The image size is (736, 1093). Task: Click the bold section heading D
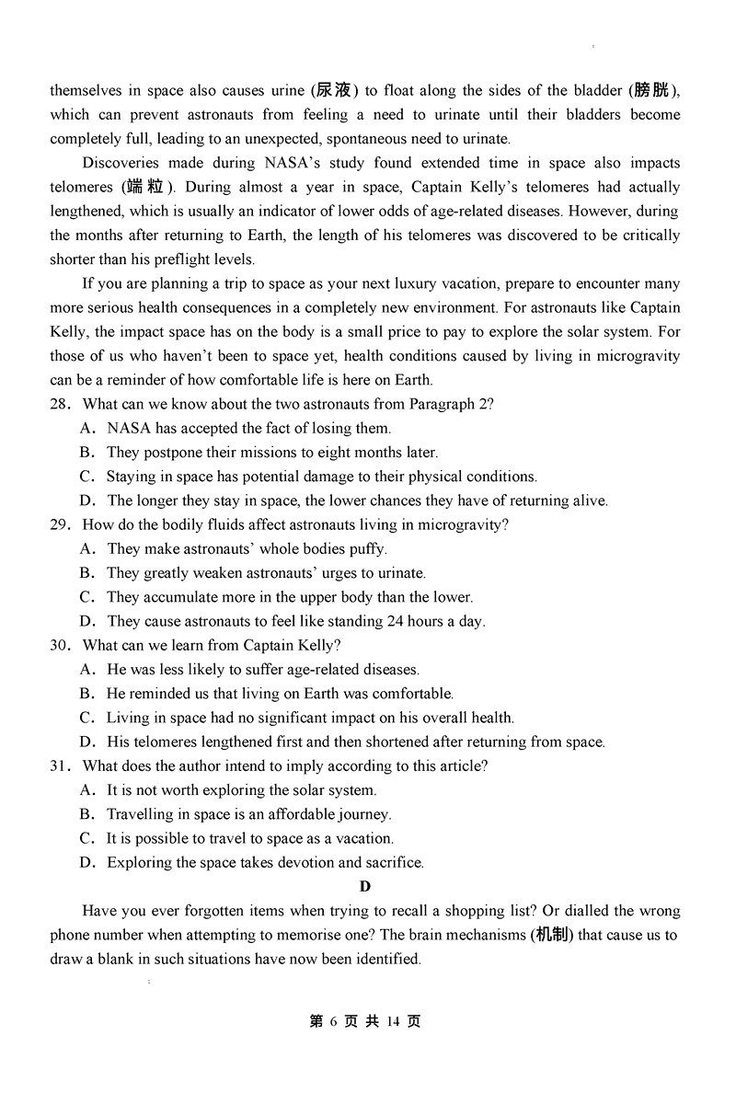click(365, 887)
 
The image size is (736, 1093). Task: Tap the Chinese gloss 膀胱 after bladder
click(654, 90)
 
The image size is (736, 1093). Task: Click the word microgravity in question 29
click(459, 525)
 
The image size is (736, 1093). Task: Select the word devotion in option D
click(298, 863)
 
